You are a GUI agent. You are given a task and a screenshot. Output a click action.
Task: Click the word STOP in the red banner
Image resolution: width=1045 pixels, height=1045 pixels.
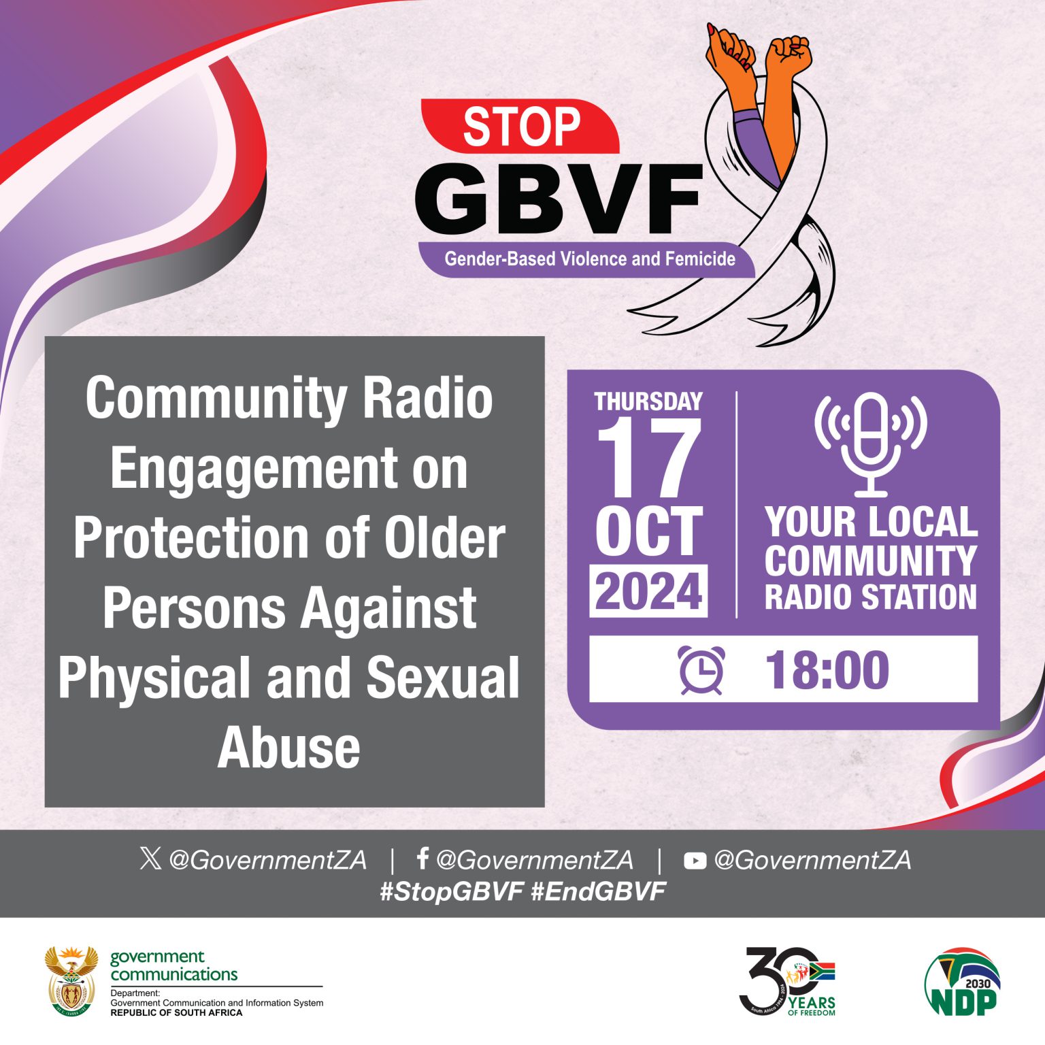521,127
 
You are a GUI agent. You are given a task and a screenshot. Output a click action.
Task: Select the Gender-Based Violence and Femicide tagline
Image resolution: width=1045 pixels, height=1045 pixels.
589,259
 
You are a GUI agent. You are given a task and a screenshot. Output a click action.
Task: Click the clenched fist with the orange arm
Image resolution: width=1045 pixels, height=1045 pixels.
789,54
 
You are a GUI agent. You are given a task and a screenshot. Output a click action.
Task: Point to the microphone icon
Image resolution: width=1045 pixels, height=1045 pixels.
871,442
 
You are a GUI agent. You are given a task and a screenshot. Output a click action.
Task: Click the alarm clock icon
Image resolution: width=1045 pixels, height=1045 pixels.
701,671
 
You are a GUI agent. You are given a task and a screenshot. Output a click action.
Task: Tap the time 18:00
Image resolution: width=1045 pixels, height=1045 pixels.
827,671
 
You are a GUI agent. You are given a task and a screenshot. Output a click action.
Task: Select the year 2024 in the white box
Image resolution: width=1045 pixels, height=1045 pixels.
648,591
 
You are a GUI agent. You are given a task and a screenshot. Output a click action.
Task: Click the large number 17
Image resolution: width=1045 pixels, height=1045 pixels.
648,459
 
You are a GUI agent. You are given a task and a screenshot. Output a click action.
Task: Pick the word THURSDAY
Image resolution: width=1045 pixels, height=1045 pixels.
648,401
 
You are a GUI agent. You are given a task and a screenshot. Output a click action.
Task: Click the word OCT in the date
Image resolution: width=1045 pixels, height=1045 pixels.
648,531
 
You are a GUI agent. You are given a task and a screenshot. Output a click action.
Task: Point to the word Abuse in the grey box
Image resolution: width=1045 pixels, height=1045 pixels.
289,747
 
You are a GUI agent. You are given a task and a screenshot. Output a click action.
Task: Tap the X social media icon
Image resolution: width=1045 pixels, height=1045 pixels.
150,859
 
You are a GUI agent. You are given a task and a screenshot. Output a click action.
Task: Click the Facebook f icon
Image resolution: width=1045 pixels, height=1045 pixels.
422,859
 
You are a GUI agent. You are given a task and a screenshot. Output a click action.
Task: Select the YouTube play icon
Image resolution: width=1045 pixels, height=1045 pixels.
695,861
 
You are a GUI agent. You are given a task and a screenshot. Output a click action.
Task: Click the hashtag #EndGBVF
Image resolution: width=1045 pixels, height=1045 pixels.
598,891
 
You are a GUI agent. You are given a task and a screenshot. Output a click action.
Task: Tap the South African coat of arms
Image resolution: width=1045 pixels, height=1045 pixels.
71,980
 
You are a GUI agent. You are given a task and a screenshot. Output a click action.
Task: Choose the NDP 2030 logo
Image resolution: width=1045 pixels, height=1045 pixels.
962,981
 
